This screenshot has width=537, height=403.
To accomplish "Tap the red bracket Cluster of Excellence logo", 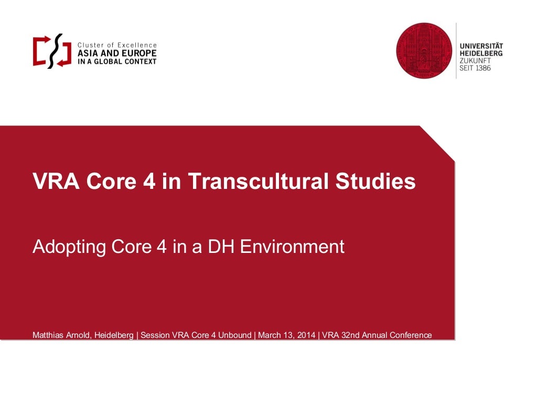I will [x=52, y=51].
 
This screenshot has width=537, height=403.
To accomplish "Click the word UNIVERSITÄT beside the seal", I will [x=481, y=46].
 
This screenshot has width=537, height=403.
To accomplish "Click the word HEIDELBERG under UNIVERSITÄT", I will [x=481, y=54].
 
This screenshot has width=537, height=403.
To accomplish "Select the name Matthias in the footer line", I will [x=47, y=335].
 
